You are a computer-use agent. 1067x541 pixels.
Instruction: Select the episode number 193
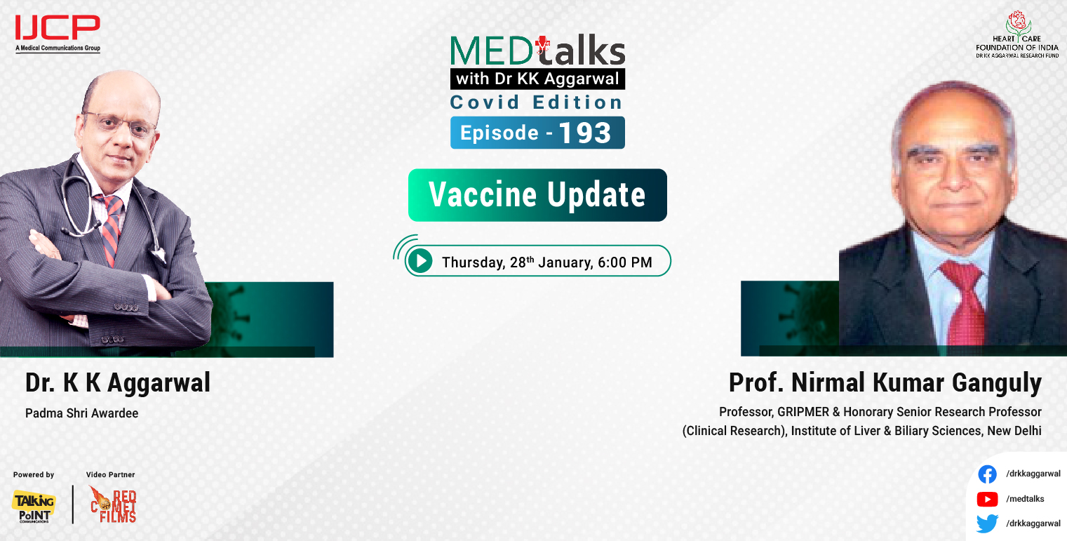point(586,133)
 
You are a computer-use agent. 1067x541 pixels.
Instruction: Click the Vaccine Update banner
point(537,195)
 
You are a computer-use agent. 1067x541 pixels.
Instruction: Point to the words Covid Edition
point(537,102)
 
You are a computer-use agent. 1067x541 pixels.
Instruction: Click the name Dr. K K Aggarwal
point(118,383)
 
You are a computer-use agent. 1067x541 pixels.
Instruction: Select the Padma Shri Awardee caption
point(81,413)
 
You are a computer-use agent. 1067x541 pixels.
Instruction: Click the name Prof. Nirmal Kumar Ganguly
point(885,383)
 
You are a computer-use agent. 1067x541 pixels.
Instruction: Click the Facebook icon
point(987,474)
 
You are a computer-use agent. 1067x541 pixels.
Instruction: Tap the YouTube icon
point(987,499)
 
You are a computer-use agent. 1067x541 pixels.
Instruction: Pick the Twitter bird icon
point(987,523)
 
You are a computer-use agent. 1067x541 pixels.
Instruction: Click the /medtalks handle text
point(1025,499)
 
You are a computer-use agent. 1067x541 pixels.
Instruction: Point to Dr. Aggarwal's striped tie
point(111,228)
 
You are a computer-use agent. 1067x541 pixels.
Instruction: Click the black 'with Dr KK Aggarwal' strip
point(537,79)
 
